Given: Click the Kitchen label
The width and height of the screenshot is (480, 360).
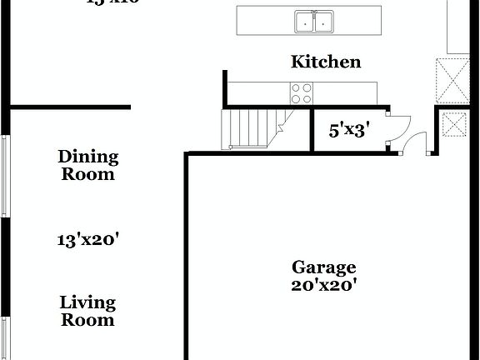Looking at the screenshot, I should point(325,62).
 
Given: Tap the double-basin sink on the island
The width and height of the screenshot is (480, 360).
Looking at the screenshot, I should point(314,21).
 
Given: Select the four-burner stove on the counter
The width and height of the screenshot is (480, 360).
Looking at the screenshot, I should point(301,93).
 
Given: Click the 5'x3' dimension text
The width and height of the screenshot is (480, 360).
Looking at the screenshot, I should point(349,130).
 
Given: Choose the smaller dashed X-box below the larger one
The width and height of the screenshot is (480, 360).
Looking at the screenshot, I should point(455,126).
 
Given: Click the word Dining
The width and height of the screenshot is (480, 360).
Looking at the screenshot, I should point(88,156).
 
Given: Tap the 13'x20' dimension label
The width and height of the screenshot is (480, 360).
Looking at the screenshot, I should point(88,240).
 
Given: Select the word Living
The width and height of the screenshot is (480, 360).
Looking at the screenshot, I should point(87,302).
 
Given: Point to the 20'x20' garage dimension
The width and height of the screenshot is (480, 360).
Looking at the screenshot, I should point(323,285).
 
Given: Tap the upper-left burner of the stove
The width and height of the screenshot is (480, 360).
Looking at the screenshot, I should point(296,88).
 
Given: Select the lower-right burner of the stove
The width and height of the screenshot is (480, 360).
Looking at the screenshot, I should point(306,98).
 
